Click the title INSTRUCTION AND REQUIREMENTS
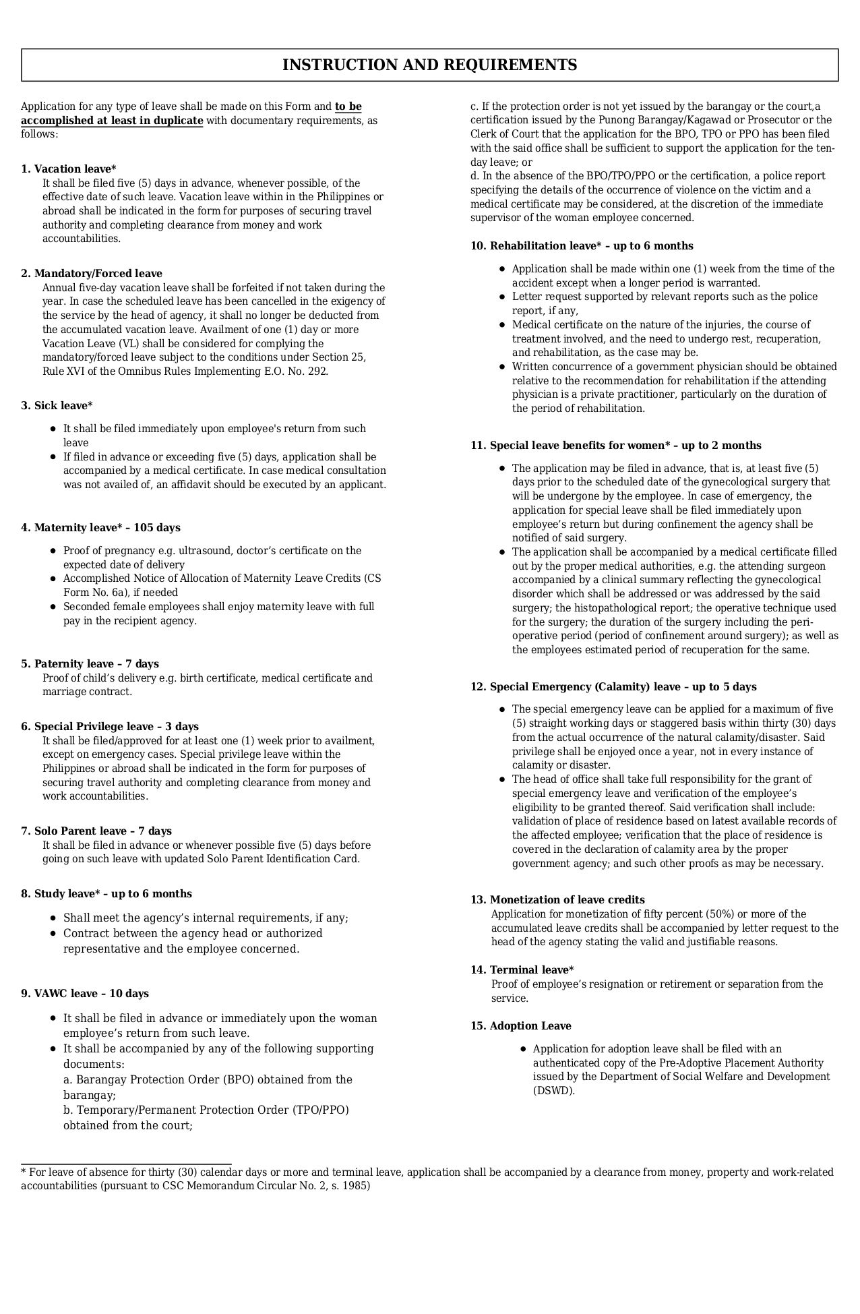429,65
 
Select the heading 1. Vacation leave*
69,169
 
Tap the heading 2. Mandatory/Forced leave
92,274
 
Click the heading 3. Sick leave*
57,406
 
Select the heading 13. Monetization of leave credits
557,900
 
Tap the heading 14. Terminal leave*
522,970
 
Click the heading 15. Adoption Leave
521,1026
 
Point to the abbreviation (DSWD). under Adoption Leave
554,1091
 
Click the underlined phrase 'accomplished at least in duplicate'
112,121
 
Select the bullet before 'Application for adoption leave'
523,1049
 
